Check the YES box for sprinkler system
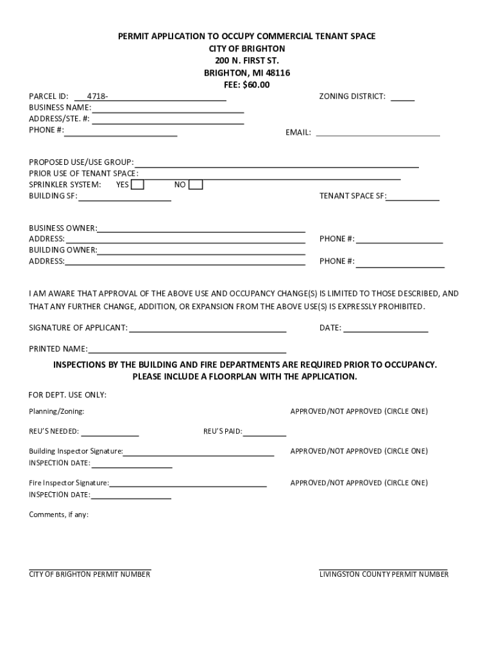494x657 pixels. pyautogui.click(x=137, y=185)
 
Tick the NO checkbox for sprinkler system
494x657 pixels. pyautogui.click(x=196, y=185)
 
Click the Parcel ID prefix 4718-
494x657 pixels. pyautogui.click(x=98, y=96)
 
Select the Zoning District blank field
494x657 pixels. pyautogui.click(x=402, y=98)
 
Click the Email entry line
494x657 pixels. pyautogui.click(x=378, y=133)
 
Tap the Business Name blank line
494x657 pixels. pyautogui.click(x=167, y=108)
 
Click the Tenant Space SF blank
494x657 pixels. pyautogui.click(x=413, y=197)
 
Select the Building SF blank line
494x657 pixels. pyautogui.click(x=124, y=197)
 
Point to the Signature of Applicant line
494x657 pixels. pyautogui.click(x=207, y=328)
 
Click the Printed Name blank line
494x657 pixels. pyautogui.click(x=187, y=350)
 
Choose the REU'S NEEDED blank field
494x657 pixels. pyautogui.click(x=110, y=432)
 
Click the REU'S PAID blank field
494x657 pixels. pyautogui.click(x=264, y=432)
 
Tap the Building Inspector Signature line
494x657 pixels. pyautogui.click(x=198, y=452)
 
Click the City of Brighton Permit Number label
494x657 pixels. pyautogui.click(x=90, y=574)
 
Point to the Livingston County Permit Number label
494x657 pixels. pyautogui.click(x=384, y=574)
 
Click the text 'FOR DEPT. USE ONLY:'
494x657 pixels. pyautogui.click(x=67, y=395)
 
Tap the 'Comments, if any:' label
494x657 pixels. pyautogui.click(x=58, y=515)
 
